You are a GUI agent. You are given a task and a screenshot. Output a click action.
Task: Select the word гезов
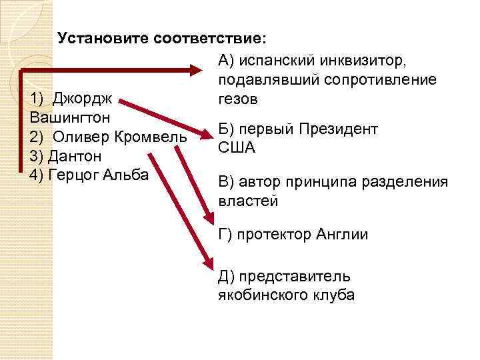coord(237,99)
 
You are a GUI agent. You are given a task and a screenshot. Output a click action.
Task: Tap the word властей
coord(247,201)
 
